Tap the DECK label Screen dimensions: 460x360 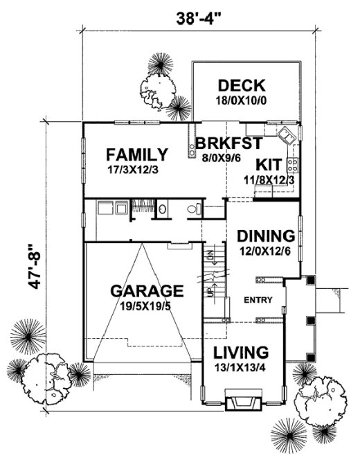pyautogui.click(x=241, y=86)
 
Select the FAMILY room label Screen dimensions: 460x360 pyautogui.click(x=136, y=154)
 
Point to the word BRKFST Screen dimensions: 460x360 pyautogui.click(x=228, y=143)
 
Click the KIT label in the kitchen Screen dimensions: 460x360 pyautogui.click(x=267, y=165)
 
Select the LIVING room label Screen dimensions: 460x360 pyautogui.click(x=240, y=351)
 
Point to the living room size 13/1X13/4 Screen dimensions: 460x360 pyautogui.click(x=240, y=366)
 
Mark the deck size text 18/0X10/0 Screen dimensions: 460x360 pyautogui.click(x=241, y=101)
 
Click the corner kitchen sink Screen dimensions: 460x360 pyautogui.click(x=287, y=134)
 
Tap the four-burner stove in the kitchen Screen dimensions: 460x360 pyautogui.click(x=292, y=165)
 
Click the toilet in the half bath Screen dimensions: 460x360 pyautogui.click(x=195, y=209)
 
